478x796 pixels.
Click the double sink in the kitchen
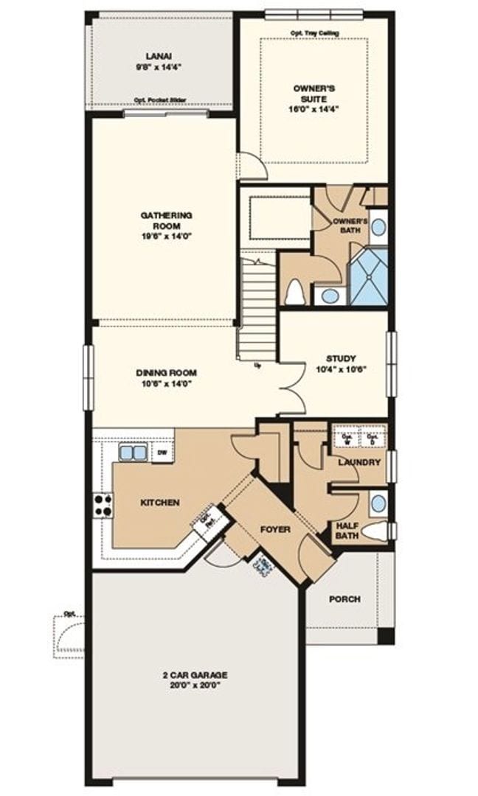pyautogui.click(x=134, y=452)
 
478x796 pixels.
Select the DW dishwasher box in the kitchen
pyautogui.click(x=162, y=452)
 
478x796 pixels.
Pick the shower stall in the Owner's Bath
pyautogui.click(x=368, y=276)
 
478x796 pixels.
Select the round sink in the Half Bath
pyautogui.click(x=378, y=503)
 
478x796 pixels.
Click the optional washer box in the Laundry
pyautogui.click(x=345, y=438)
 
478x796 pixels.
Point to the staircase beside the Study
pyautogui.click(x=258, y=306)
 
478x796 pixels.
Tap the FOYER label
pyautogui.click(x=274, y=529)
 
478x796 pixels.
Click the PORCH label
pyautogui.click(x=344, y=599)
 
